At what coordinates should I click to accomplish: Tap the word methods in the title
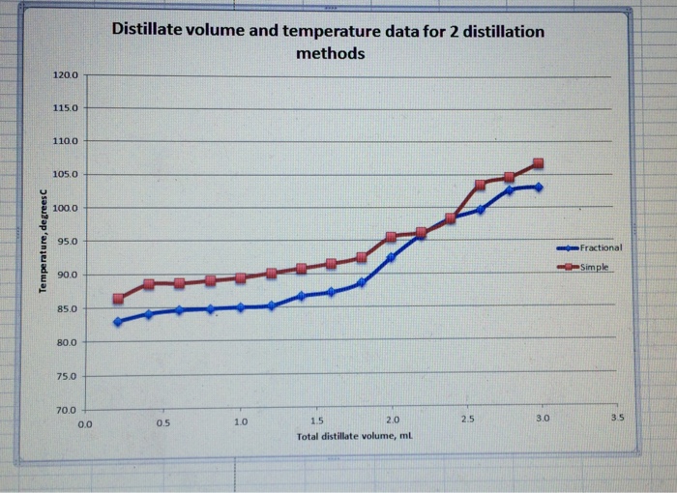330,53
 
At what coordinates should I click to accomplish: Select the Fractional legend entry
601,247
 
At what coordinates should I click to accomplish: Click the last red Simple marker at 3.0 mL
539,163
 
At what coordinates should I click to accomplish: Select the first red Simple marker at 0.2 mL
118,299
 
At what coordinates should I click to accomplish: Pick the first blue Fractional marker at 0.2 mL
118,322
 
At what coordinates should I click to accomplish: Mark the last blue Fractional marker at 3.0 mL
539,187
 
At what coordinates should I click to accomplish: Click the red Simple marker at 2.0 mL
391,237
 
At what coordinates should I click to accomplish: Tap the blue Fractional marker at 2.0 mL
391,257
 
